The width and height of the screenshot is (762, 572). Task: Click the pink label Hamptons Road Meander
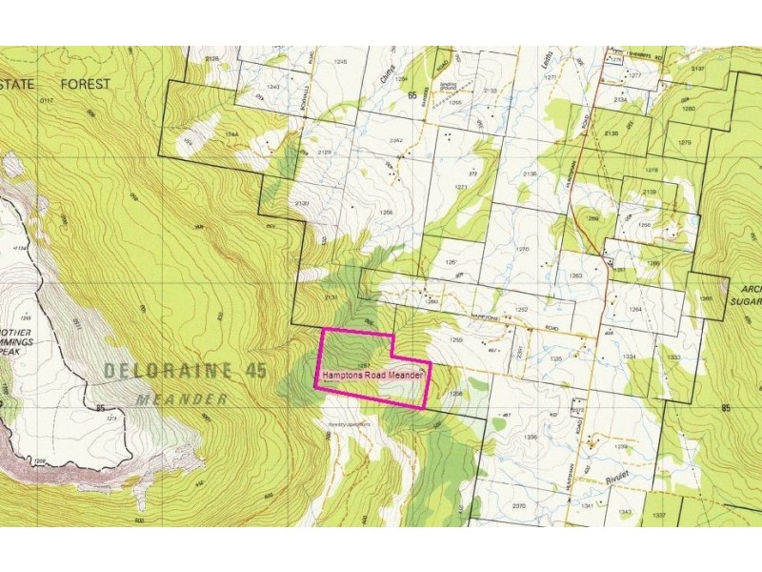click(372, 376)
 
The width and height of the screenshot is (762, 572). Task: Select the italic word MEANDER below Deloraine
click(182, 399)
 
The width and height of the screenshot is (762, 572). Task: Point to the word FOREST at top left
click(86, 84)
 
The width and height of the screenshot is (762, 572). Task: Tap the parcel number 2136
click(531, 174)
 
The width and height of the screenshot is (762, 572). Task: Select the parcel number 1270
click(522, 250)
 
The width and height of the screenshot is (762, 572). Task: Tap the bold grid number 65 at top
click(412, 95)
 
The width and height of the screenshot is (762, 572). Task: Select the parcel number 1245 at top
click(341, 62)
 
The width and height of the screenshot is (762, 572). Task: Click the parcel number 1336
click(531, 438)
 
